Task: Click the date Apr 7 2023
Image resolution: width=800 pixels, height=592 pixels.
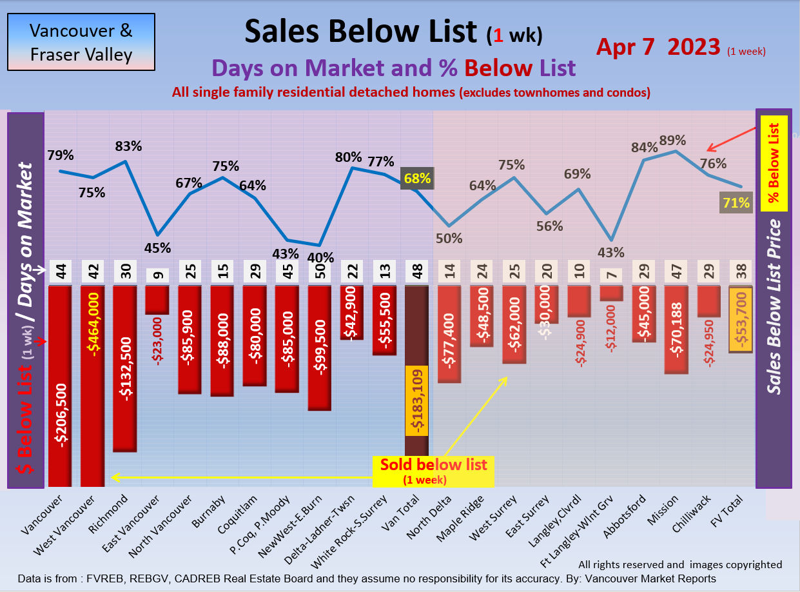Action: tap(658, 47)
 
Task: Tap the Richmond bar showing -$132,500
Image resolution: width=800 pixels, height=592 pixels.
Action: tap(125, 368)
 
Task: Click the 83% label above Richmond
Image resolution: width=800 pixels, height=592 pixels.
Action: tap(128, 146)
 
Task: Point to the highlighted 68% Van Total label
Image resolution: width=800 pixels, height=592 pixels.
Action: tap(417, 178)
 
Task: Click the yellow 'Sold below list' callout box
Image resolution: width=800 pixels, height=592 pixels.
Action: tap(433, 471)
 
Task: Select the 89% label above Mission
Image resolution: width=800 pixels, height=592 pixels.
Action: tap(672, 140)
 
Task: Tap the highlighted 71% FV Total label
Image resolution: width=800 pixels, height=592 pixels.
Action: tap(736, 203)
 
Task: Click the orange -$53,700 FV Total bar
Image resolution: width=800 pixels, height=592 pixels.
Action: tap(740, 320)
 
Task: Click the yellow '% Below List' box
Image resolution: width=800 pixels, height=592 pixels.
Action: tap(774, 164)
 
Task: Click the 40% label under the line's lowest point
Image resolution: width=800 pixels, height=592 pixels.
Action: tap(320, 257)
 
